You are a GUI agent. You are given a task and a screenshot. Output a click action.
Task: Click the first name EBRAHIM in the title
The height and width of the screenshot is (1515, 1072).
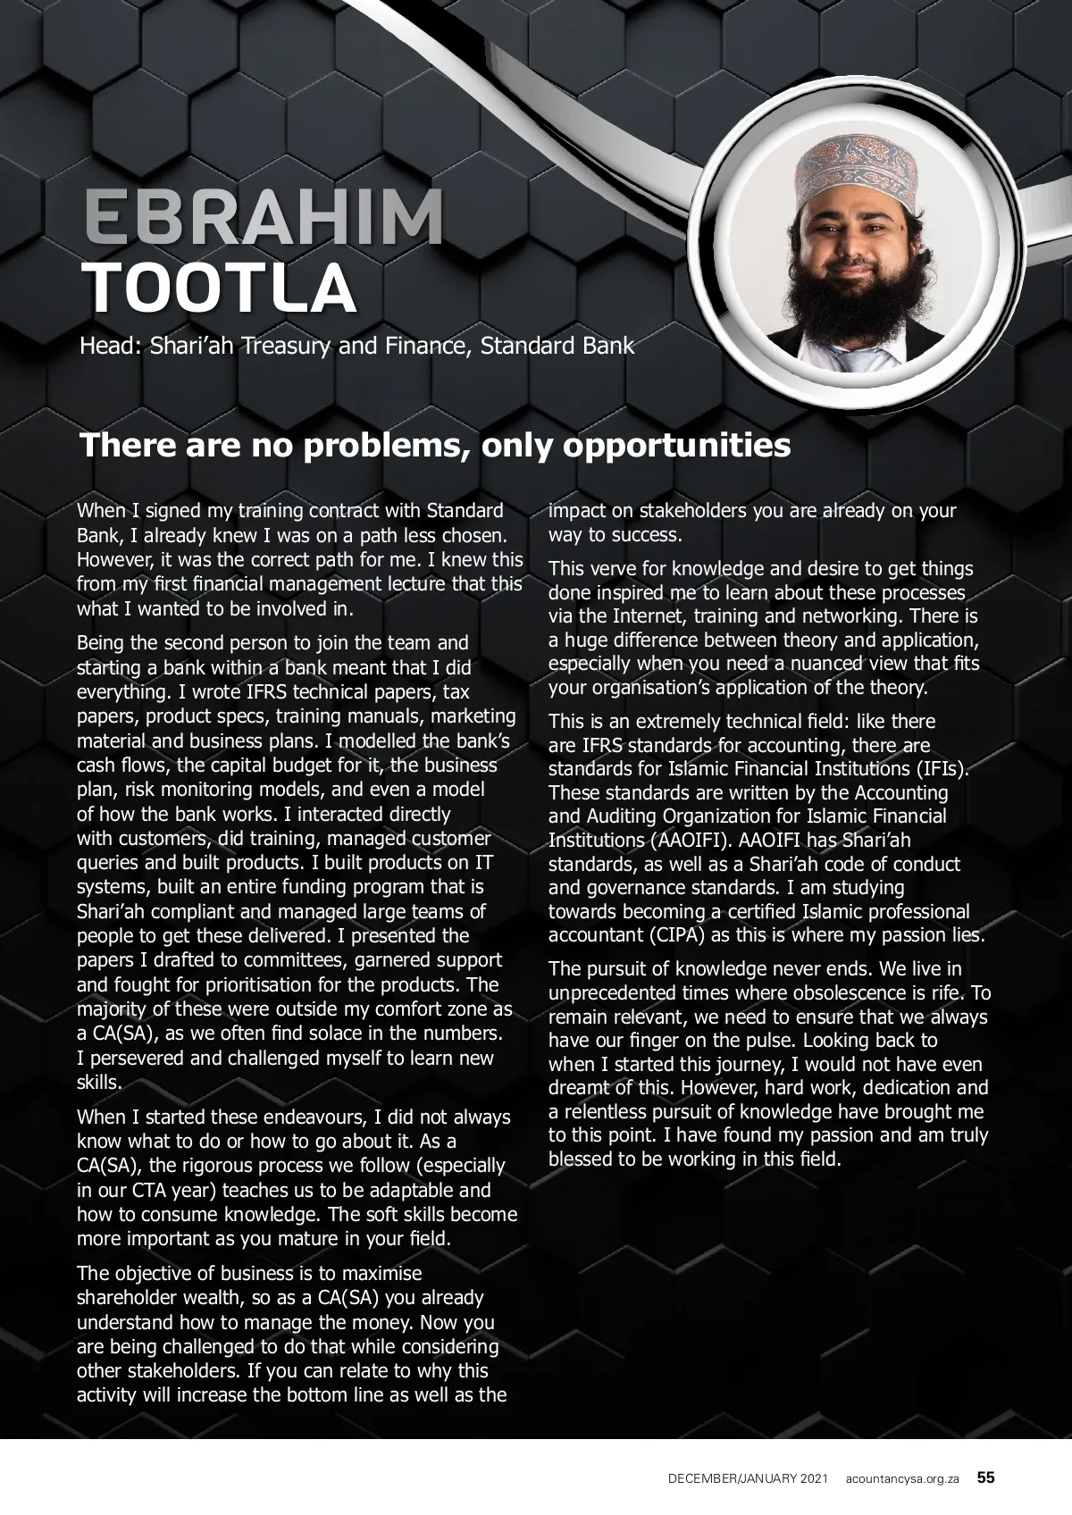[264, 218]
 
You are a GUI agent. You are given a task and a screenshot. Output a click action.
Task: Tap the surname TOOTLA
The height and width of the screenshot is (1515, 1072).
[219, 288]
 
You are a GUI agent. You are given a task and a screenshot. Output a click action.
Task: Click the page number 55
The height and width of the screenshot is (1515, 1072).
[985, 1477]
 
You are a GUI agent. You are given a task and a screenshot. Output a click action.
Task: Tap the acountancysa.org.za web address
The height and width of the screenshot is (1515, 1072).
[902, 1478]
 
